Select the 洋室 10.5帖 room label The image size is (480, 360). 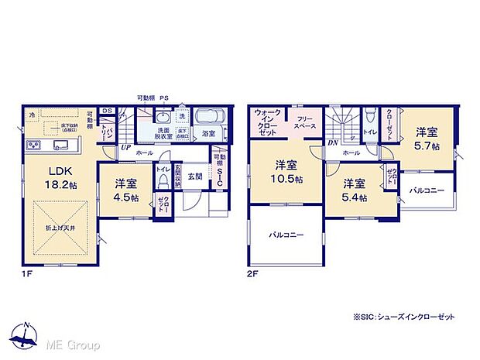point(286,170)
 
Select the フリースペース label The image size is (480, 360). point(302,122)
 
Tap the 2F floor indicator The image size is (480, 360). point(253,273)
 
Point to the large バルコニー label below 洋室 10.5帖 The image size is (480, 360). point(286,235)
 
